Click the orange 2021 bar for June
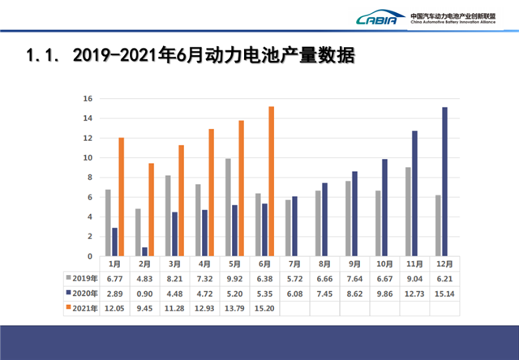coord(271,182)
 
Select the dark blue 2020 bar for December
coord(444,182)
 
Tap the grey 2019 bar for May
coord(228,208)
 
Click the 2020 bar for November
coord(414,194)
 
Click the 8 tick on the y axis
coord(88,178)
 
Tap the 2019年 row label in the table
coord(83,276)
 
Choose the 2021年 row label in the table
coord(83,307)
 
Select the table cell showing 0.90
coord(145,292)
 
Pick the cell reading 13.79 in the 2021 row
coord(234,307)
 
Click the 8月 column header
coord(323,263)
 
